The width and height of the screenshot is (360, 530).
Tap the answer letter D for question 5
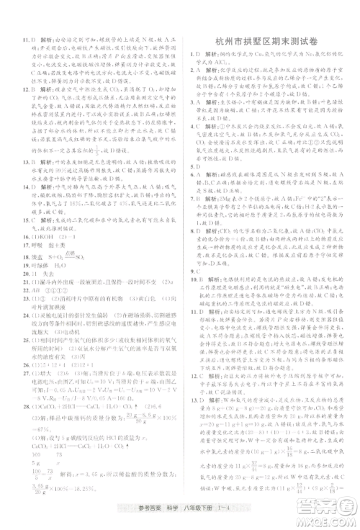[x=197, y=163]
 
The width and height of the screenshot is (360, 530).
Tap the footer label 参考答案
[x=142, y=509]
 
